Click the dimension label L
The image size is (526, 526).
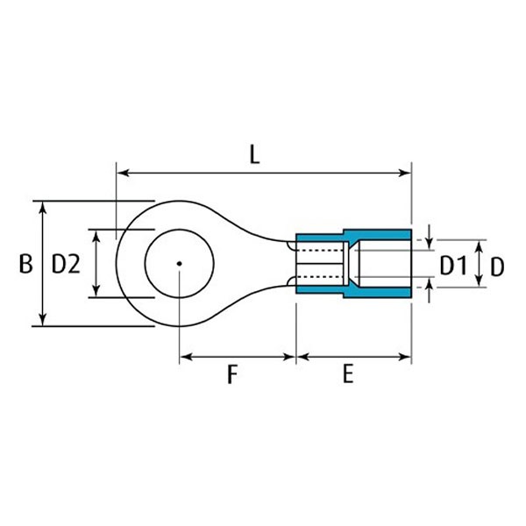pos(254,156)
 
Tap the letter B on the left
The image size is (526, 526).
pos(25,264)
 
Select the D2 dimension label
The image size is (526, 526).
pos(66,264)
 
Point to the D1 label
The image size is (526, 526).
pos(453,266)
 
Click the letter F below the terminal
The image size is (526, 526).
pos(232,374)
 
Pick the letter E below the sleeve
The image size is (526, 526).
pos(348,374)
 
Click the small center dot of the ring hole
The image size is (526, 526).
pos(180,264)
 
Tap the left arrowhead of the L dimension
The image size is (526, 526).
pos(123,173)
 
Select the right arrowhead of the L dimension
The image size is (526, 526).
pos(404,173)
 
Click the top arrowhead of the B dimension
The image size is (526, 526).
pos(42,208)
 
